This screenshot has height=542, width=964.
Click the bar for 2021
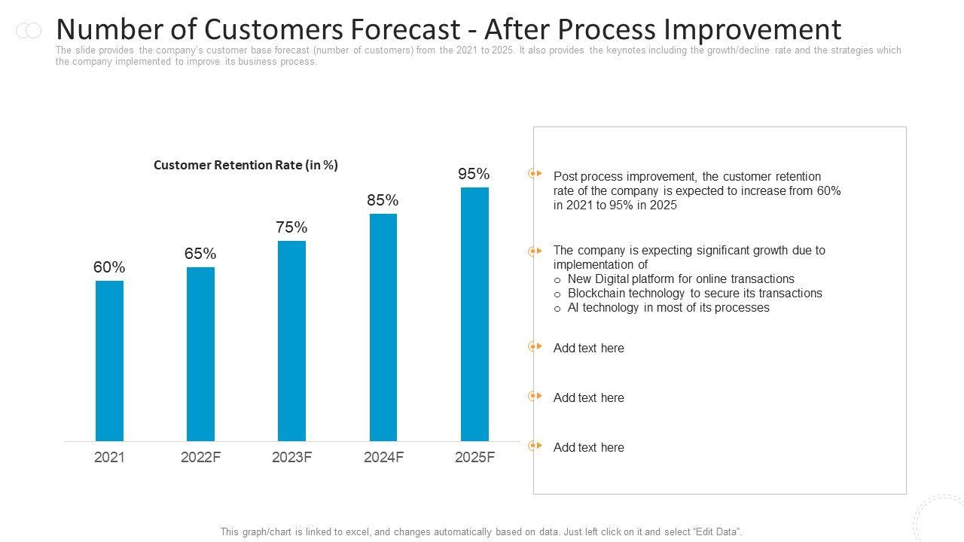tap(109, 361)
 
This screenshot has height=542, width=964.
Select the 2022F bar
tap(200, 354)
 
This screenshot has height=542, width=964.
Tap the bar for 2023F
tap(291, 340)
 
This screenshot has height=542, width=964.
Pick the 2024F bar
tap(383, 327)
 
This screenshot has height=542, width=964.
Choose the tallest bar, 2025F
tap(474, 314)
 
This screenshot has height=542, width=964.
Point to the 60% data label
tap(109, 267)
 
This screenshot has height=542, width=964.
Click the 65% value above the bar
tap(200, 254)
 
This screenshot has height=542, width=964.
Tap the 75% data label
tap(291, 227)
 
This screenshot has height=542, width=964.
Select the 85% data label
tap(383, 200)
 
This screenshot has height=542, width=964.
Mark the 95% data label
tap(474, 174)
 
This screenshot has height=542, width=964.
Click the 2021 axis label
tap(109, 457)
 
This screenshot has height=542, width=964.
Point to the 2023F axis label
tap(291, 457)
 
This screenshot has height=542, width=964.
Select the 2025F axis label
tap(474, 457)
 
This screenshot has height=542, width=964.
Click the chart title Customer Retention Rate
tap(246, 165)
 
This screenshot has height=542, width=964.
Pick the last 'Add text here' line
tap(588, 447)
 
